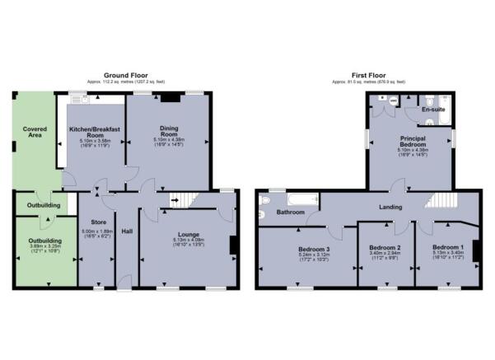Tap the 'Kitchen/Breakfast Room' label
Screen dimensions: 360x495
pos(95,133)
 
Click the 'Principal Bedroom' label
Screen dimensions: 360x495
pos(409,142)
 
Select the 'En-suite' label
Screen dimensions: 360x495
pos(432,110)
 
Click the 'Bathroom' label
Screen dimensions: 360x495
pos(291,213)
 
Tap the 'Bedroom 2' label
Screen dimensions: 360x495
pos(384,247)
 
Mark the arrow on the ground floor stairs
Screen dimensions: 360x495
pos(175,199)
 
